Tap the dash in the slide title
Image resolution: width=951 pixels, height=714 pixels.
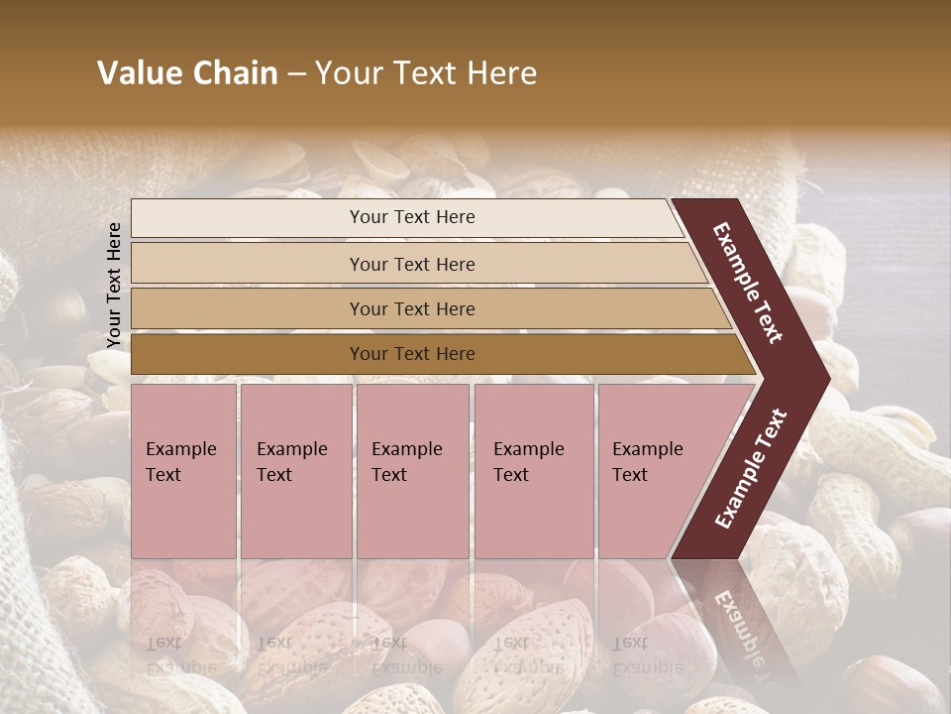coord(296,74)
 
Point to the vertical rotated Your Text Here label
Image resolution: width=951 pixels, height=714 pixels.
coord(114,285)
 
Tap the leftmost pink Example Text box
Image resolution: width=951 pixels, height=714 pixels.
coord(183,471)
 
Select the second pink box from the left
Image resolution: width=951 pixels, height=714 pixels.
coord(296,471)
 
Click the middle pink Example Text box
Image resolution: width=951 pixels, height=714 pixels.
coord(412,471)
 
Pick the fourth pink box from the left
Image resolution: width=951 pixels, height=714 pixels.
coord(534,471)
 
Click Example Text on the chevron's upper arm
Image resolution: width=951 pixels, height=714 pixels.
coord(748,283)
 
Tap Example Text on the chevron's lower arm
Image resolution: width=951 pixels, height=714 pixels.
coord(751,469)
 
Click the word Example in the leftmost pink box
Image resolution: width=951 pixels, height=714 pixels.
coord(180,449)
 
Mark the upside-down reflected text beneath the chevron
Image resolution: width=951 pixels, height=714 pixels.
coord(738,625)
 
